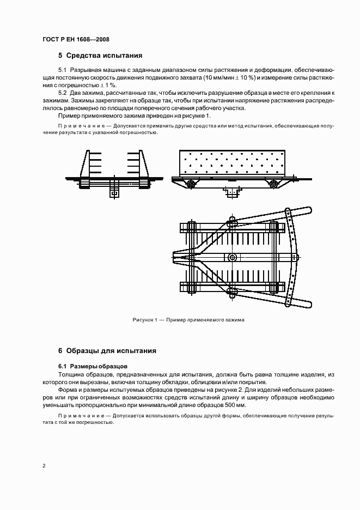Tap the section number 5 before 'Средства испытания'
[60, 55]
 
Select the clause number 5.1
[62, 70]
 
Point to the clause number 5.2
[62, 94]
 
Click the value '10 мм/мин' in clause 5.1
[219, 78]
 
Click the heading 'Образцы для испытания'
[111, 351]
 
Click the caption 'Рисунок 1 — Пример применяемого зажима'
[188, 320]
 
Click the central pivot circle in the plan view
[233, 257]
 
